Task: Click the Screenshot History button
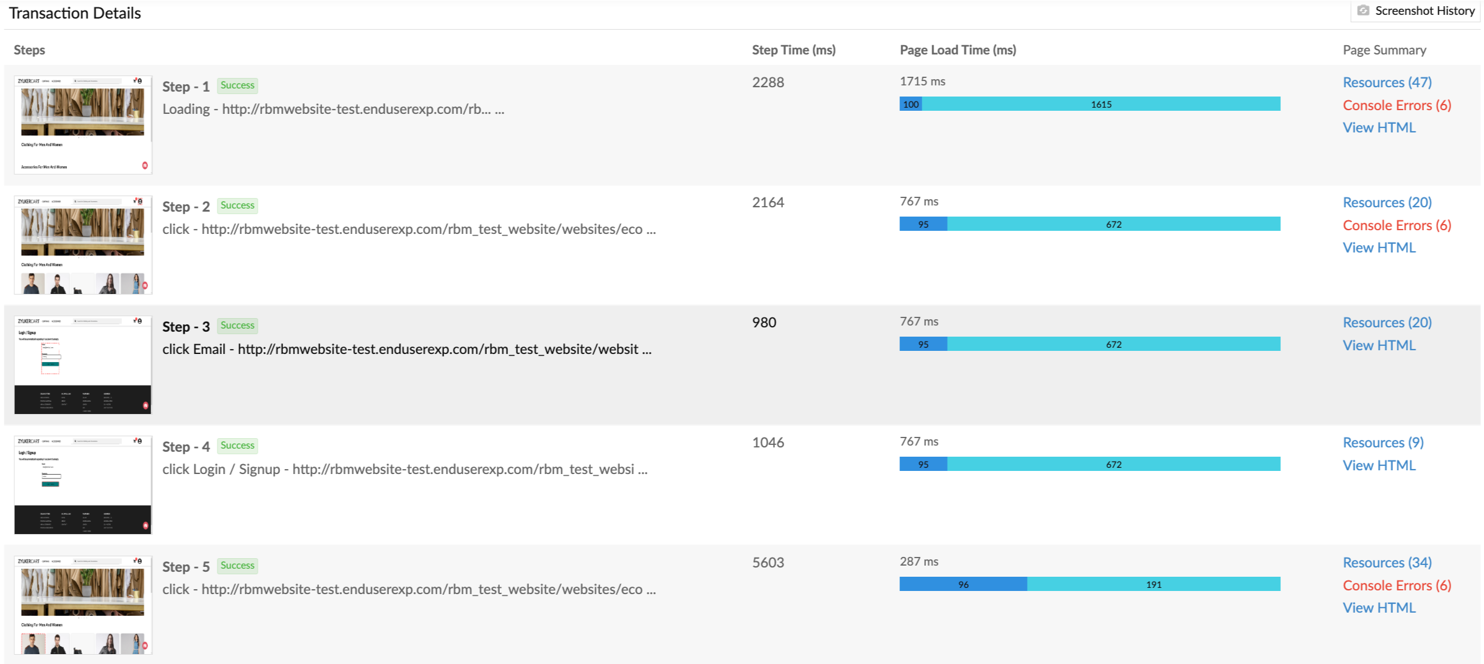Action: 1417,11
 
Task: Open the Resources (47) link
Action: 1387,82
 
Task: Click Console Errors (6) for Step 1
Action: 1397,105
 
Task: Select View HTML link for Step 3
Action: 1379,345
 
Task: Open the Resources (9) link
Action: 1382,442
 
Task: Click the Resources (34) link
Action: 1387,563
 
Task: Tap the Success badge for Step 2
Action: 237,205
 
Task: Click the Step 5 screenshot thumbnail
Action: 83,605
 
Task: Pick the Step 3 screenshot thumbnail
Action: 83,364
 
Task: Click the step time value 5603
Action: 768,563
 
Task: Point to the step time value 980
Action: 764,322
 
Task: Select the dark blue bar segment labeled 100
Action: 910,104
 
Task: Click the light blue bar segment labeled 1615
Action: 1101,104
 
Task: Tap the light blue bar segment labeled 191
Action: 1153,584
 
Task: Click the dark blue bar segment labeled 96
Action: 963,584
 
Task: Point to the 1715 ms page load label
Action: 922,81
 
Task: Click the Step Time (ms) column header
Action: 793,50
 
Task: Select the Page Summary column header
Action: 1384,50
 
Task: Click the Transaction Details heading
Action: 75,13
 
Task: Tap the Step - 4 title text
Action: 186,447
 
